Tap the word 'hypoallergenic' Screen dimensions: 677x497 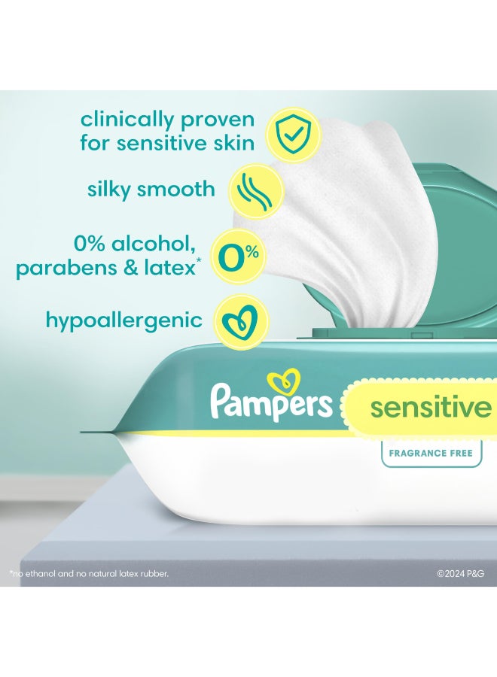click(124, 320)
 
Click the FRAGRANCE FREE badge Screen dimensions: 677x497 click(431, 453)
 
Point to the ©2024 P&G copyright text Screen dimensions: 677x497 click(462, 573)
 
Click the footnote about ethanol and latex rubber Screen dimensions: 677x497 click(89, 573)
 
